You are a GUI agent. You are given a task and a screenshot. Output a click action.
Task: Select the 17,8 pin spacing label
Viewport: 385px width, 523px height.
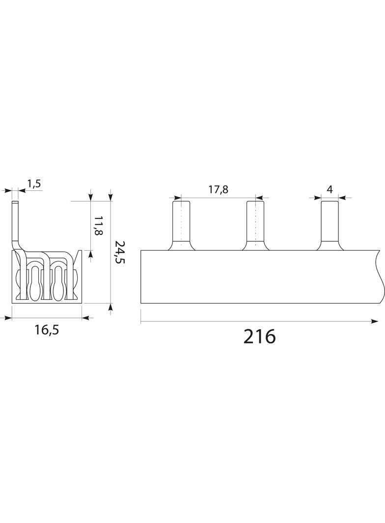tap(219, 189)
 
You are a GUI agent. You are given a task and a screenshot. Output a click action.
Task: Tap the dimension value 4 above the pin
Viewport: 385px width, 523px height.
tap(330, 189)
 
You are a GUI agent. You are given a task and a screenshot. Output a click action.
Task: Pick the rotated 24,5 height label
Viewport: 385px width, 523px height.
tap(119, 253)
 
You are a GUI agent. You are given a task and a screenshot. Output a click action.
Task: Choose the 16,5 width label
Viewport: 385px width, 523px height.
tap(47, 330)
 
